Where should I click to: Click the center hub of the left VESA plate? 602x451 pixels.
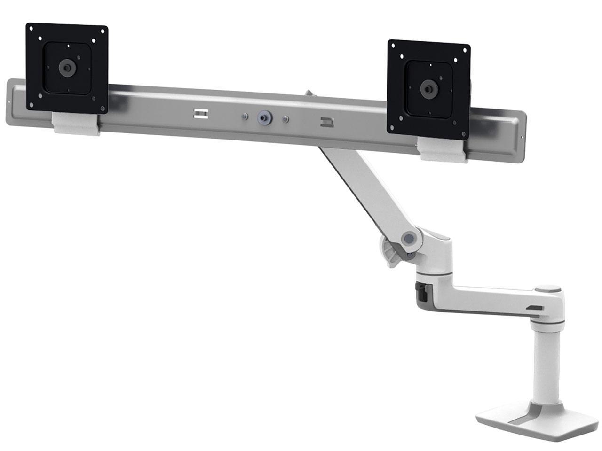pos(67,67)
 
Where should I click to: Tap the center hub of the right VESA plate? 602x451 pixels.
pos(428,88)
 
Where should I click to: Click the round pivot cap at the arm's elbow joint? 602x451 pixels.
pos(409,239)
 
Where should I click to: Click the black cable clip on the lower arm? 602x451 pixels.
pos(421,293)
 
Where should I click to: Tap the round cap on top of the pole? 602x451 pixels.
pos(549,289)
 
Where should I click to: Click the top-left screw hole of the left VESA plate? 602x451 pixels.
pos(31,28)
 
